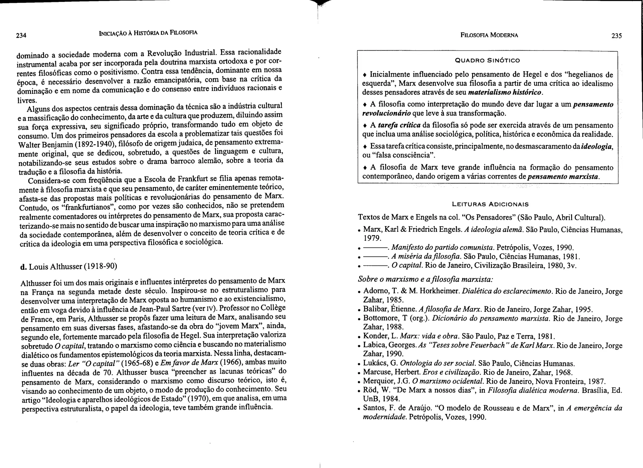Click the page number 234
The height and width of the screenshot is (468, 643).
21,35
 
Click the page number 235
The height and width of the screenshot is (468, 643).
617,36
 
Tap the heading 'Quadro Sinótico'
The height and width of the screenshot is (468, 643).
488,60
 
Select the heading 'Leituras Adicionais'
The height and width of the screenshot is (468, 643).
490,204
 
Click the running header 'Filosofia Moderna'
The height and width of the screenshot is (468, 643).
489,35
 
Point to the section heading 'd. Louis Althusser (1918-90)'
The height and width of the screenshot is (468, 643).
68,266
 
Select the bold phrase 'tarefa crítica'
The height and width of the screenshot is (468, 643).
399,125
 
